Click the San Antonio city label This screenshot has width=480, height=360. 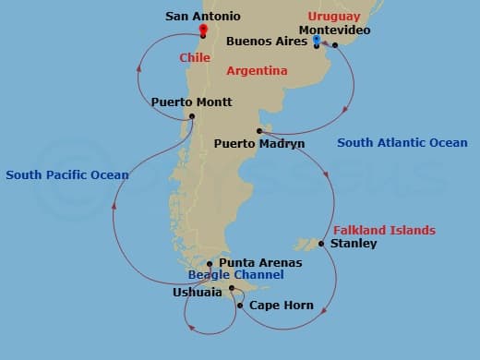pos(202,17)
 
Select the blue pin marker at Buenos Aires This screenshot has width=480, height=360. pos(316,42)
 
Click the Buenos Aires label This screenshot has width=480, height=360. pos(267,42)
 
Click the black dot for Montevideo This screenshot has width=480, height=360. pos(335,44)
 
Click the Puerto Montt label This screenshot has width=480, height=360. pos(191,102)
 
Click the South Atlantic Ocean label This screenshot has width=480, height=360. pos(402,143)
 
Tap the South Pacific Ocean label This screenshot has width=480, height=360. pos(67,174)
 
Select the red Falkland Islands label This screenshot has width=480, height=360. pos(383,230)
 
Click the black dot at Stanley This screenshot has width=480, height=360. pos(320,244)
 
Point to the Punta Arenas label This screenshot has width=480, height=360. pos(259,262)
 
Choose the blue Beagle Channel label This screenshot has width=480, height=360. pos(235,275)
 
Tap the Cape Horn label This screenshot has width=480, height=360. pos(282,306)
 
